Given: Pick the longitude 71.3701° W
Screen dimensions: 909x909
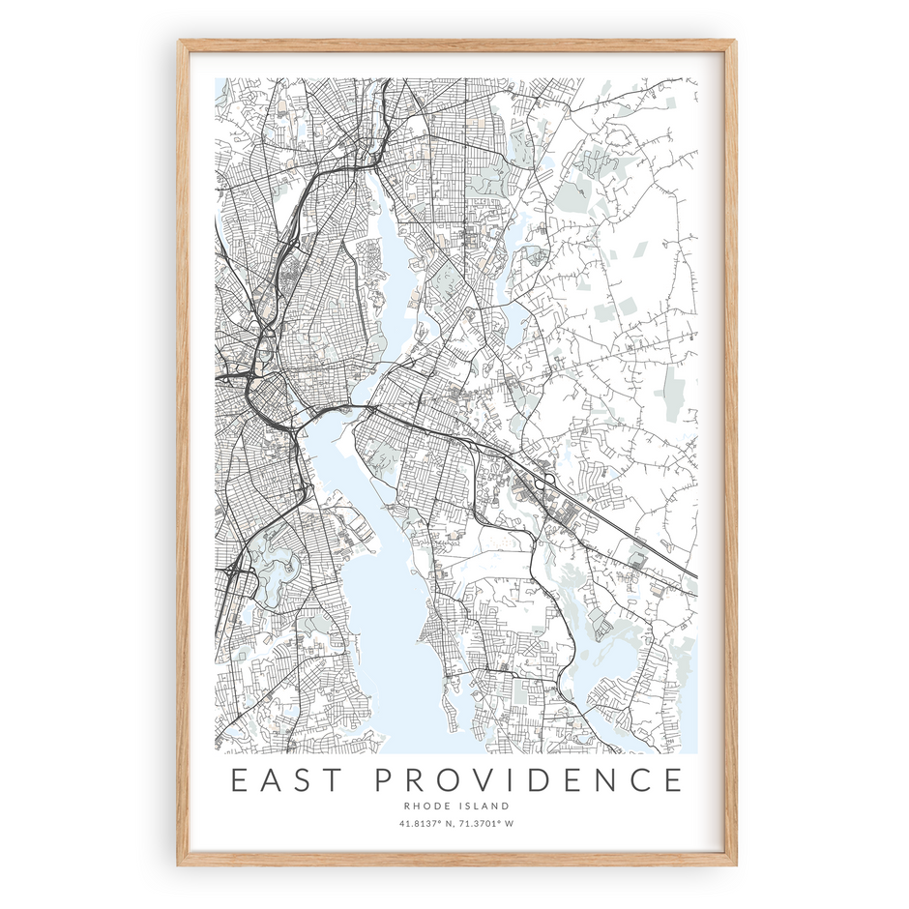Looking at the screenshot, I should (x=485, y=824).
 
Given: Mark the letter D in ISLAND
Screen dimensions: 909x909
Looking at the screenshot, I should (x=507, y=806).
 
